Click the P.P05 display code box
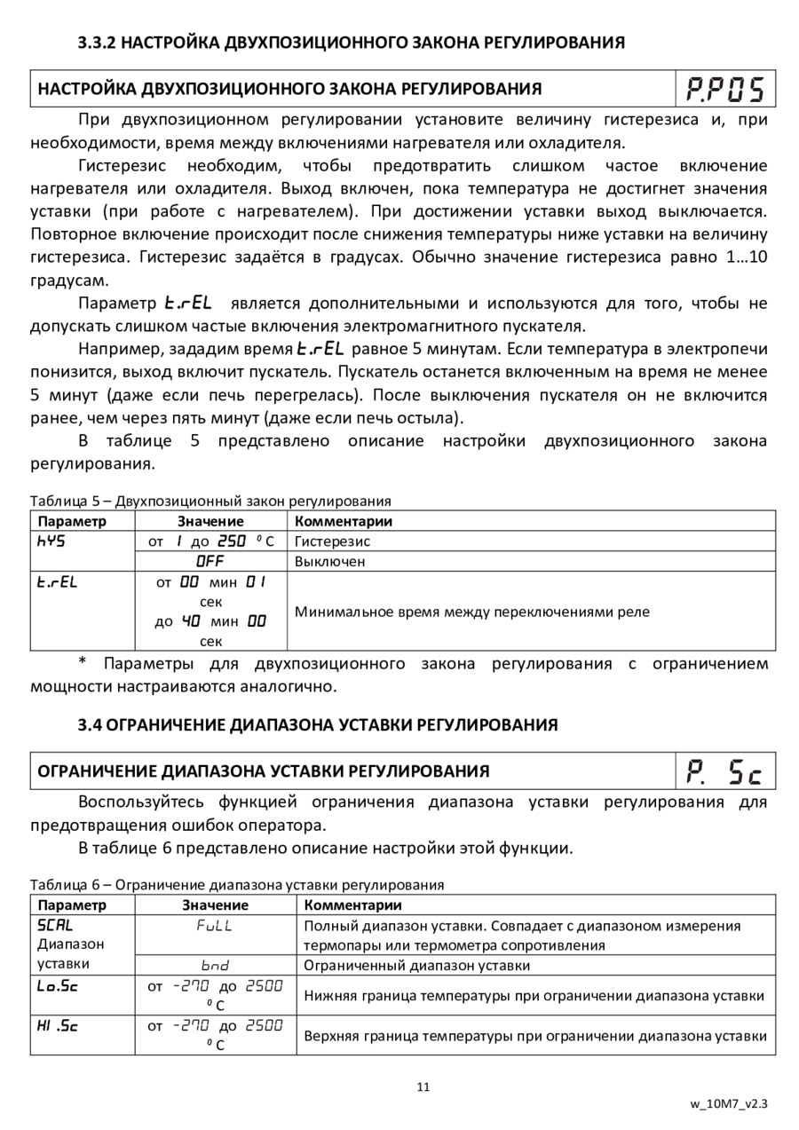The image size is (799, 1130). (x=725, y=90)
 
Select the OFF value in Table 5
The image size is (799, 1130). (x=210, y=561)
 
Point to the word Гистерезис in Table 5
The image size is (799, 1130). (x=332, y=541)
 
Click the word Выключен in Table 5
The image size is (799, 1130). (x=329, y=561)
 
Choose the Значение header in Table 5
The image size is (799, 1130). (x=210, y=521)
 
